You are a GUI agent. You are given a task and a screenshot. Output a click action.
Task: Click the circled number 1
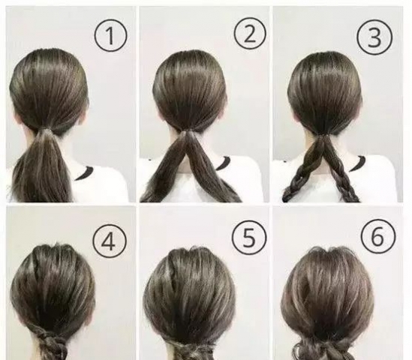[110, 35]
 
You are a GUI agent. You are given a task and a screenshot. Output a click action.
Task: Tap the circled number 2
[250, 34]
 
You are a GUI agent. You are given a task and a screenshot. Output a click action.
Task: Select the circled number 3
[374, 37]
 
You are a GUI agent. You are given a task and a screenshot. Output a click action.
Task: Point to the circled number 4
[110, 241]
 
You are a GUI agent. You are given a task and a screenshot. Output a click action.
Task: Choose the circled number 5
[249, 237]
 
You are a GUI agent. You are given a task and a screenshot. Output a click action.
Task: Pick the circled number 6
[378, 235]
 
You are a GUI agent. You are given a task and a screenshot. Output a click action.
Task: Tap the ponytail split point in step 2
[188, 134]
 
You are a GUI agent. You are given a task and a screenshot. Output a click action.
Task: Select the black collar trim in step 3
[357, 163]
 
